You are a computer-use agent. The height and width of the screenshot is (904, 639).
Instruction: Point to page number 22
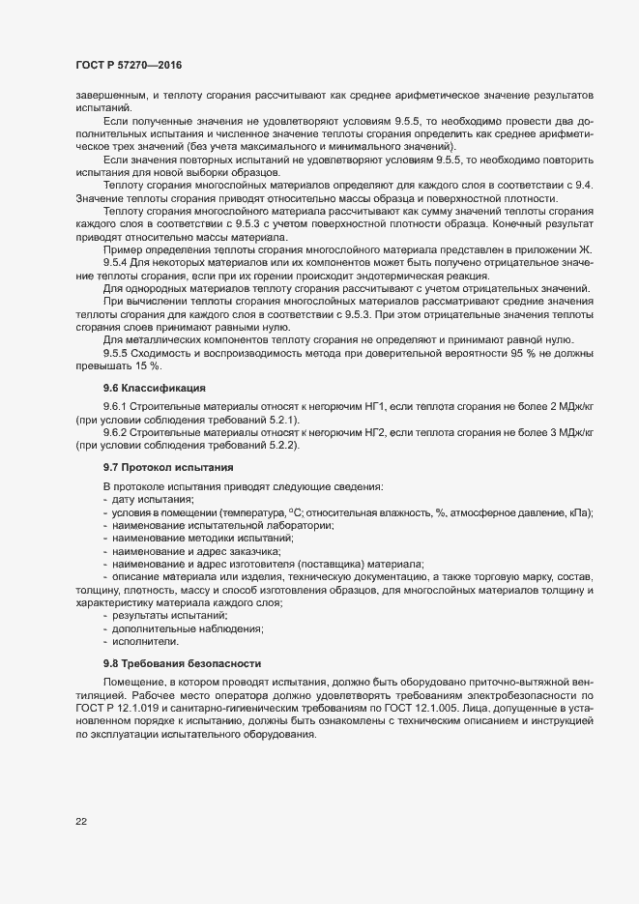pos(81,822)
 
